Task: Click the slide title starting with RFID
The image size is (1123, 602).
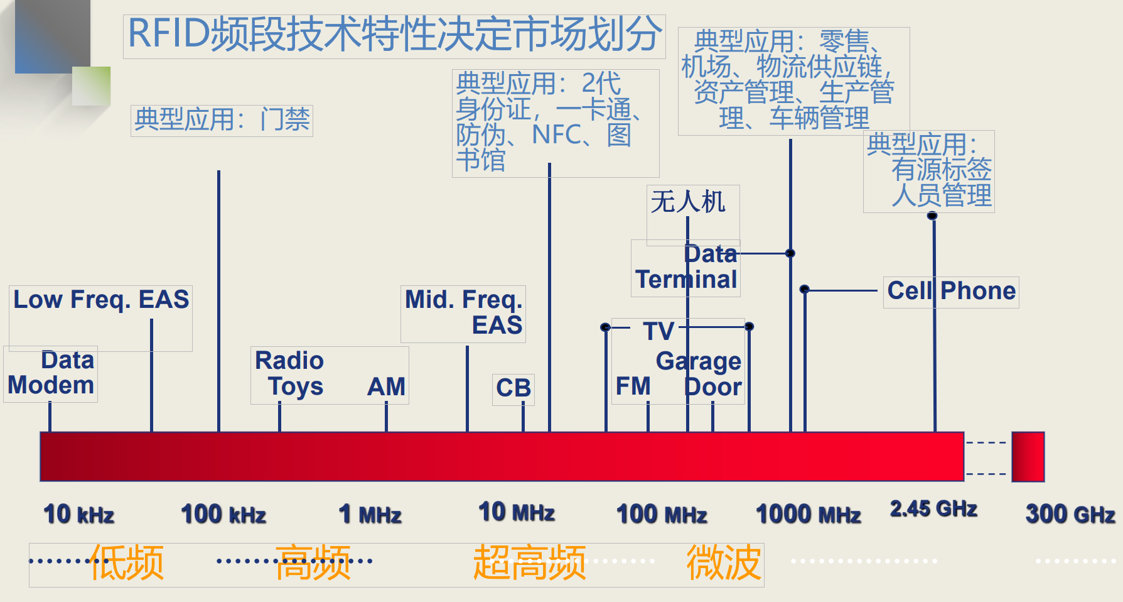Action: point(394,35)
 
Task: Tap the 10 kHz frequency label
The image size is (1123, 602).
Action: point(79,515)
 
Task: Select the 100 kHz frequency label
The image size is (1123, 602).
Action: point(223,515)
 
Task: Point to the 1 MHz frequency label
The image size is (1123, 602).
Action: point(370,515)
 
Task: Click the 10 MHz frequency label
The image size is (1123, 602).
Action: point(517,513)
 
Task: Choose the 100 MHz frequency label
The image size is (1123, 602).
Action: point(662,515)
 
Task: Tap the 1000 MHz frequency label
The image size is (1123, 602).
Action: point(809,515)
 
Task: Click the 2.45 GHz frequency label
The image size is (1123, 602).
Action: point(933,509)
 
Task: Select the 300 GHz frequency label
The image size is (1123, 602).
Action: point(1070,515)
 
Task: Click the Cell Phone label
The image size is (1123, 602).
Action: point(951,292)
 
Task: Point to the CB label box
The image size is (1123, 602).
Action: point(513,388)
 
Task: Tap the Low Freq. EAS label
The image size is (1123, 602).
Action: point(101,300)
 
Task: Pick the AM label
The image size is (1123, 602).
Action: point(386,387)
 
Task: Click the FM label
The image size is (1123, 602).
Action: point(633,386)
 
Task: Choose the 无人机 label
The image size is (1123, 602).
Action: point(688,202)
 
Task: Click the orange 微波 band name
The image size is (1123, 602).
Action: point(724,562)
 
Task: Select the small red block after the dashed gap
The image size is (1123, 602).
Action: point(1028,457)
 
